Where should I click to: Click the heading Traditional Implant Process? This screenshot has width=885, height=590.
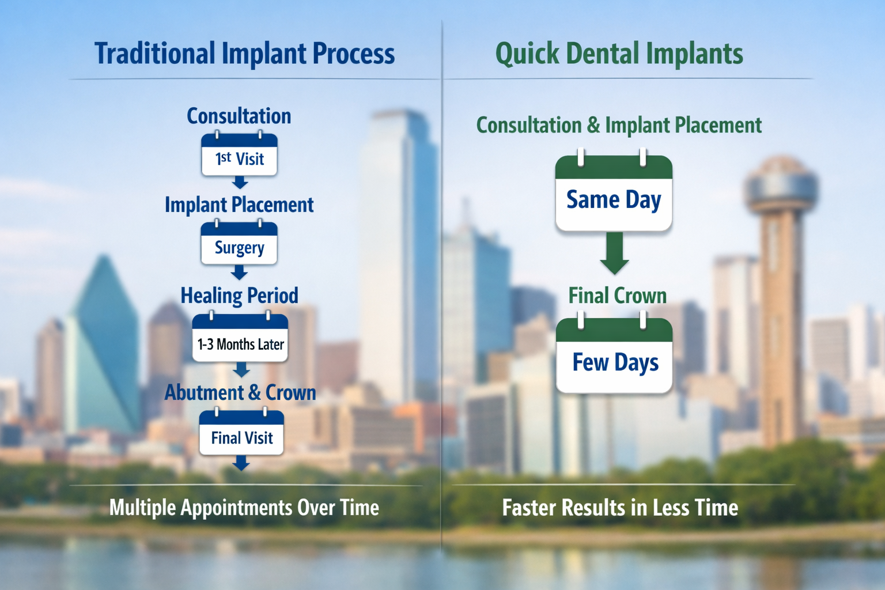coord(244,54)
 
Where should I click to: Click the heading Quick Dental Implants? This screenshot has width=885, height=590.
coord(619,54)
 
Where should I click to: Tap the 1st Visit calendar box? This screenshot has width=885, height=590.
coord(239,156)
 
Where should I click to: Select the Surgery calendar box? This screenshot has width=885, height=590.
coord(239,244)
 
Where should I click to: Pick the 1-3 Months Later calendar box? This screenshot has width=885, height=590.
coord(240,340)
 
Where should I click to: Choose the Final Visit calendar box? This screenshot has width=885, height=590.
coord(241,434)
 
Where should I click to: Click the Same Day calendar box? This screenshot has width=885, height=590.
coord(614,196)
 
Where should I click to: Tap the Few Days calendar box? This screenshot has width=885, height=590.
coord(614,358)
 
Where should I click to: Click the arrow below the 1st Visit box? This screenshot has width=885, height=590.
coord(240,183)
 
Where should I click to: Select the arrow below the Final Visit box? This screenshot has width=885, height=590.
coord(241,463)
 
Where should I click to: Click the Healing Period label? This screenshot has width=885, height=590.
coord(239,296)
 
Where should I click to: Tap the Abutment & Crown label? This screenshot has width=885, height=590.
coord(240,392)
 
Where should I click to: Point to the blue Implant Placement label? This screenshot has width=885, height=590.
coord(239,205)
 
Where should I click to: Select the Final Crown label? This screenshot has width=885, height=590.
coord(617,296)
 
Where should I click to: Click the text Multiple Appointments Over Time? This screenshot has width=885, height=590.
coord(244,508)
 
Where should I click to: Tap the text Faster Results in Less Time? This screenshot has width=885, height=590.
coord(620,508)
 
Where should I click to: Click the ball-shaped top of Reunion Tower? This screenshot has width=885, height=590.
coord(781,184)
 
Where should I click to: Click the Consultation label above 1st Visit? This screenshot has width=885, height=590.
coord(239,116)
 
